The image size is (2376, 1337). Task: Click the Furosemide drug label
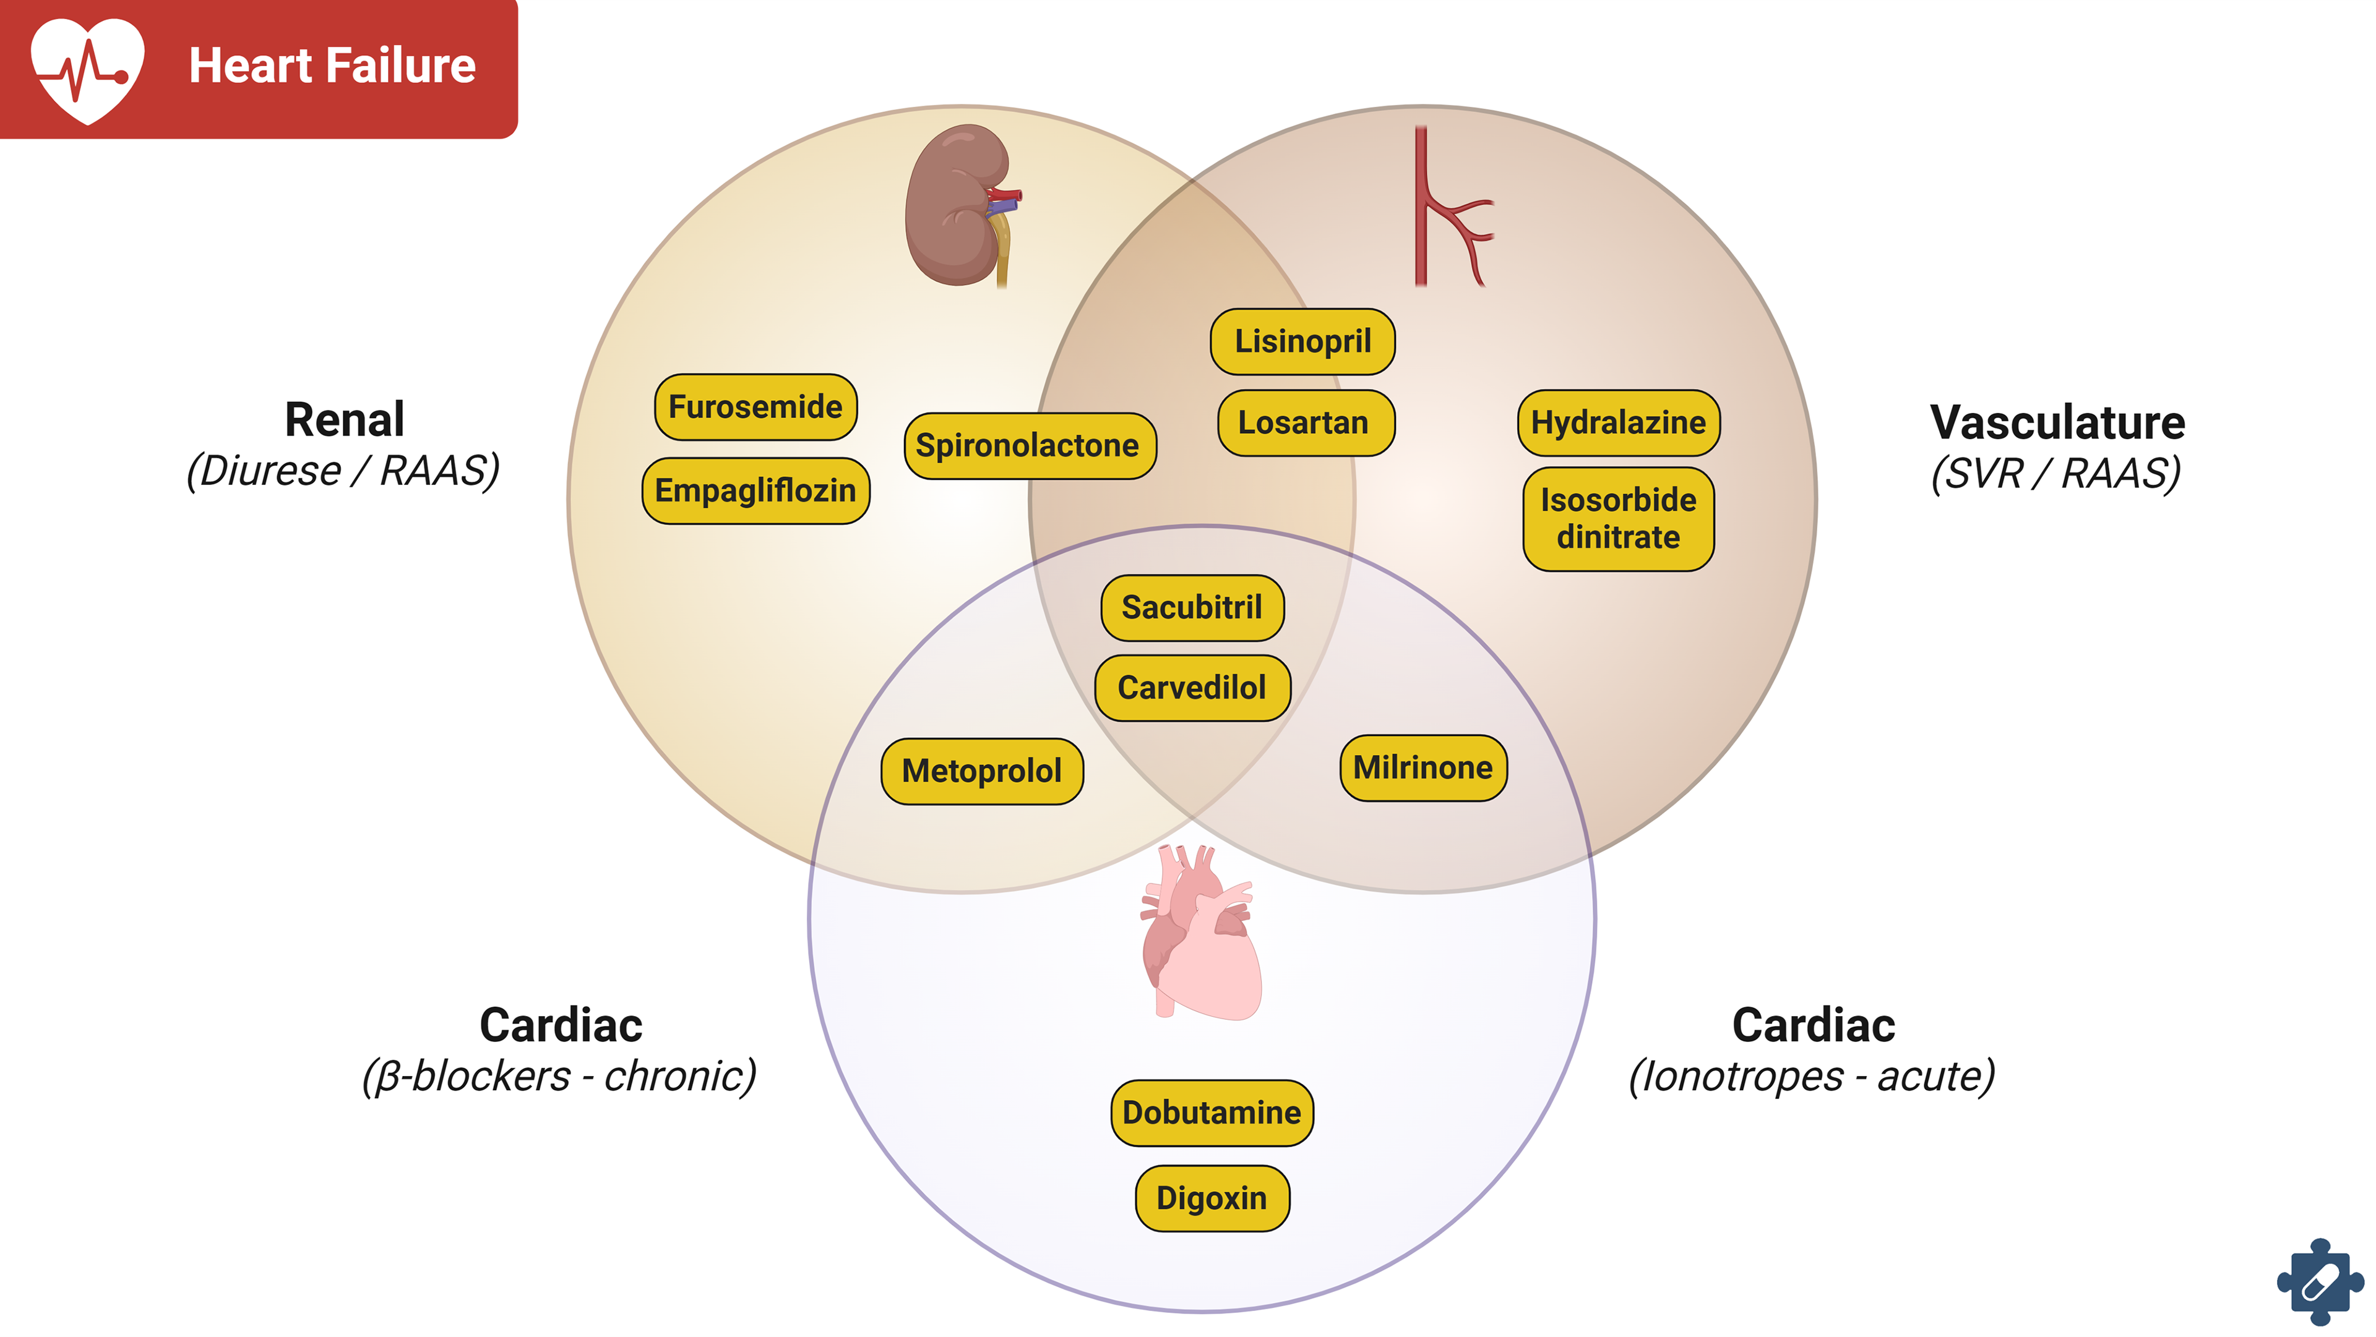click(x=755, y=407)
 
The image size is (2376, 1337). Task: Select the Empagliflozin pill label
click(x=755, y=490)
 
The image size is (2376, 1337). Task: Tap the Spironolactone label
click(x=1030, y=445)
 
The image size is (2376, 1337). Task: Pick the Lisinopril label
click(x=1302, y=341)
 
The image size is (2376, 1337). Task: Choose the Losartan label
click(x=1305, y=422)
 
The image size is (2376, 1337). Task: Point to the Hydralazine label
click(x=1618, y=422)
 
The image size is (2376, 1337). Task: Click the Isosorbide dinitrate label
click(x=1618, y=518)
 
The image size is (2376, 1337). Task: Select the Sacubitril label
click(x=1192, y=608)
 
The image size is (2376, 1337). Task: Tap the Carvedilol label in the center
click(x=1192, y=688)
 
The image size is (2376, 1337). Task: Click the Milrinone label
click(x=1423, y=767)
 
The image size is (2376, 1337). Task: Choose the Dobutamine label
click(x=1211, y=1113)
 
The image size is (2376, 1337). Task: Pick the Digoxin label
click(x=1211, y=1198)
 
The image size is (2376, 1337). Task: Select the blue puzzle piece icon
click(x=2319, y=1282)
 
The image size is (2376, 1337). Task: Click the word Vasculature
click(x=2057, y=422)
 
